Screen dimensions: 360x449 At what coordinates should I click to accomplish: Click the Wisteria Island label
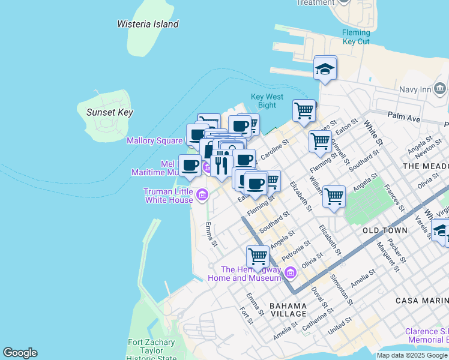click(148, 24)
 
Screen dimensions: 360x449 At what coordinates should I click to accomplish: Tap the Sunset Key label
click(109, 112)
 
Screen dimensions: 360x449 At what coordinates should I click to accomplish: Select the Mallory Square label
click(154, 140)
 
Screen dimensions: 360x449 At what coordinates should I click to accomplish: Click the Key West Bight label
click(267, 101)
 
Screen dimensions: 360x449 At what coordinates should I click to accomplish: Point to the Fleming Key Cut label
click(356, 37)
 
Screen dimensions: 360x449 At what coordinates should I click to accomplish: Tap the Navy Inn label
click(415, 89)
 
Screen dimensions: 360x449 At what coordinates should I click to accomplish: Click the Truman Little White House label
click(168, 195)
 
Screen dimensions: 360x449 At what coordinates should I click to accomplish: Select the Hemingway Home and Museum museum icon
click(291, 273)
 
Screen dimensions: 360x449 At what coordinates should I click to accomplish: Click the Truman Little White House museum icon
click(202, 195)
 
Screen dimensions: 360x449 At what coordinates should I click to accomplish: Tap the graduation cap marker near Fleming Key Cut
click(325, 69)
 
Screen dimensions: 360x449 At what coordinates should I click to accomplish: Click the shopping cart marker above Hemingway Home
click(258, 256)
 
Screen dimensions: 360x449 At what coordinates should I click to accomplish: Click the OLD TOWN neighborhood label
click(385, 230)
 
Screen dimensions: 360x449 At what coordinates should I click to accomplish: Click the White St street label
click(373, 133)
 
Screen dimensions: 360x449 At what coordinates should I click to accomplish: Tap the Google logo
click(20, 353)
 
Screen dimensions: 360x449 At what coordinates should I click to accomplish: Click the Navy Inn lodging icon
click(440, 89)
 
